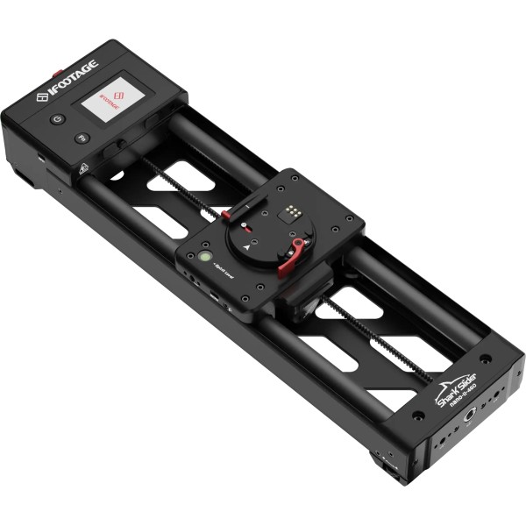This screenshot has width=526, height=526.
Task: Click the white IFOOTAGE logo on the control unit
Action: tap(68, 78)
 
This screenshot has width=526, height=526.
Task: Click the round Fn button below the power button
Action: tap(81, 139)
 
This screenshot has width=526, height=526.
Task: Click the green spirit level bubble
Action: tap(203, 258)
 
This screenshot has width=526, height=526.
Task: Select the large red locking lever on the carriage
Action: tap(293, 258)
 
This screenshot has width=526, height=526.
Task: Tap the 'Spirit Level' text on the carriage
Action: tap(220, 276)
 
